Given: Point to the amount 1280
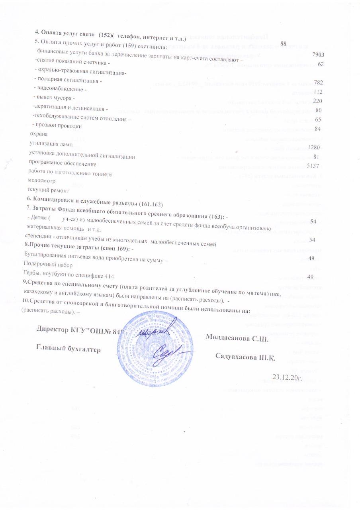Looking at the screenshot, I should (x=314, y=147).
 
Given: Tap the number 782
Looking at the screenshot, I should (x=318, y=82).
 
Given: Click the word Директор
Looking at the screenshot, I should (x=53, y=330).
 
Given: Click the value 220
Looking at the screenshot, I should (x=317, y=100).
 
